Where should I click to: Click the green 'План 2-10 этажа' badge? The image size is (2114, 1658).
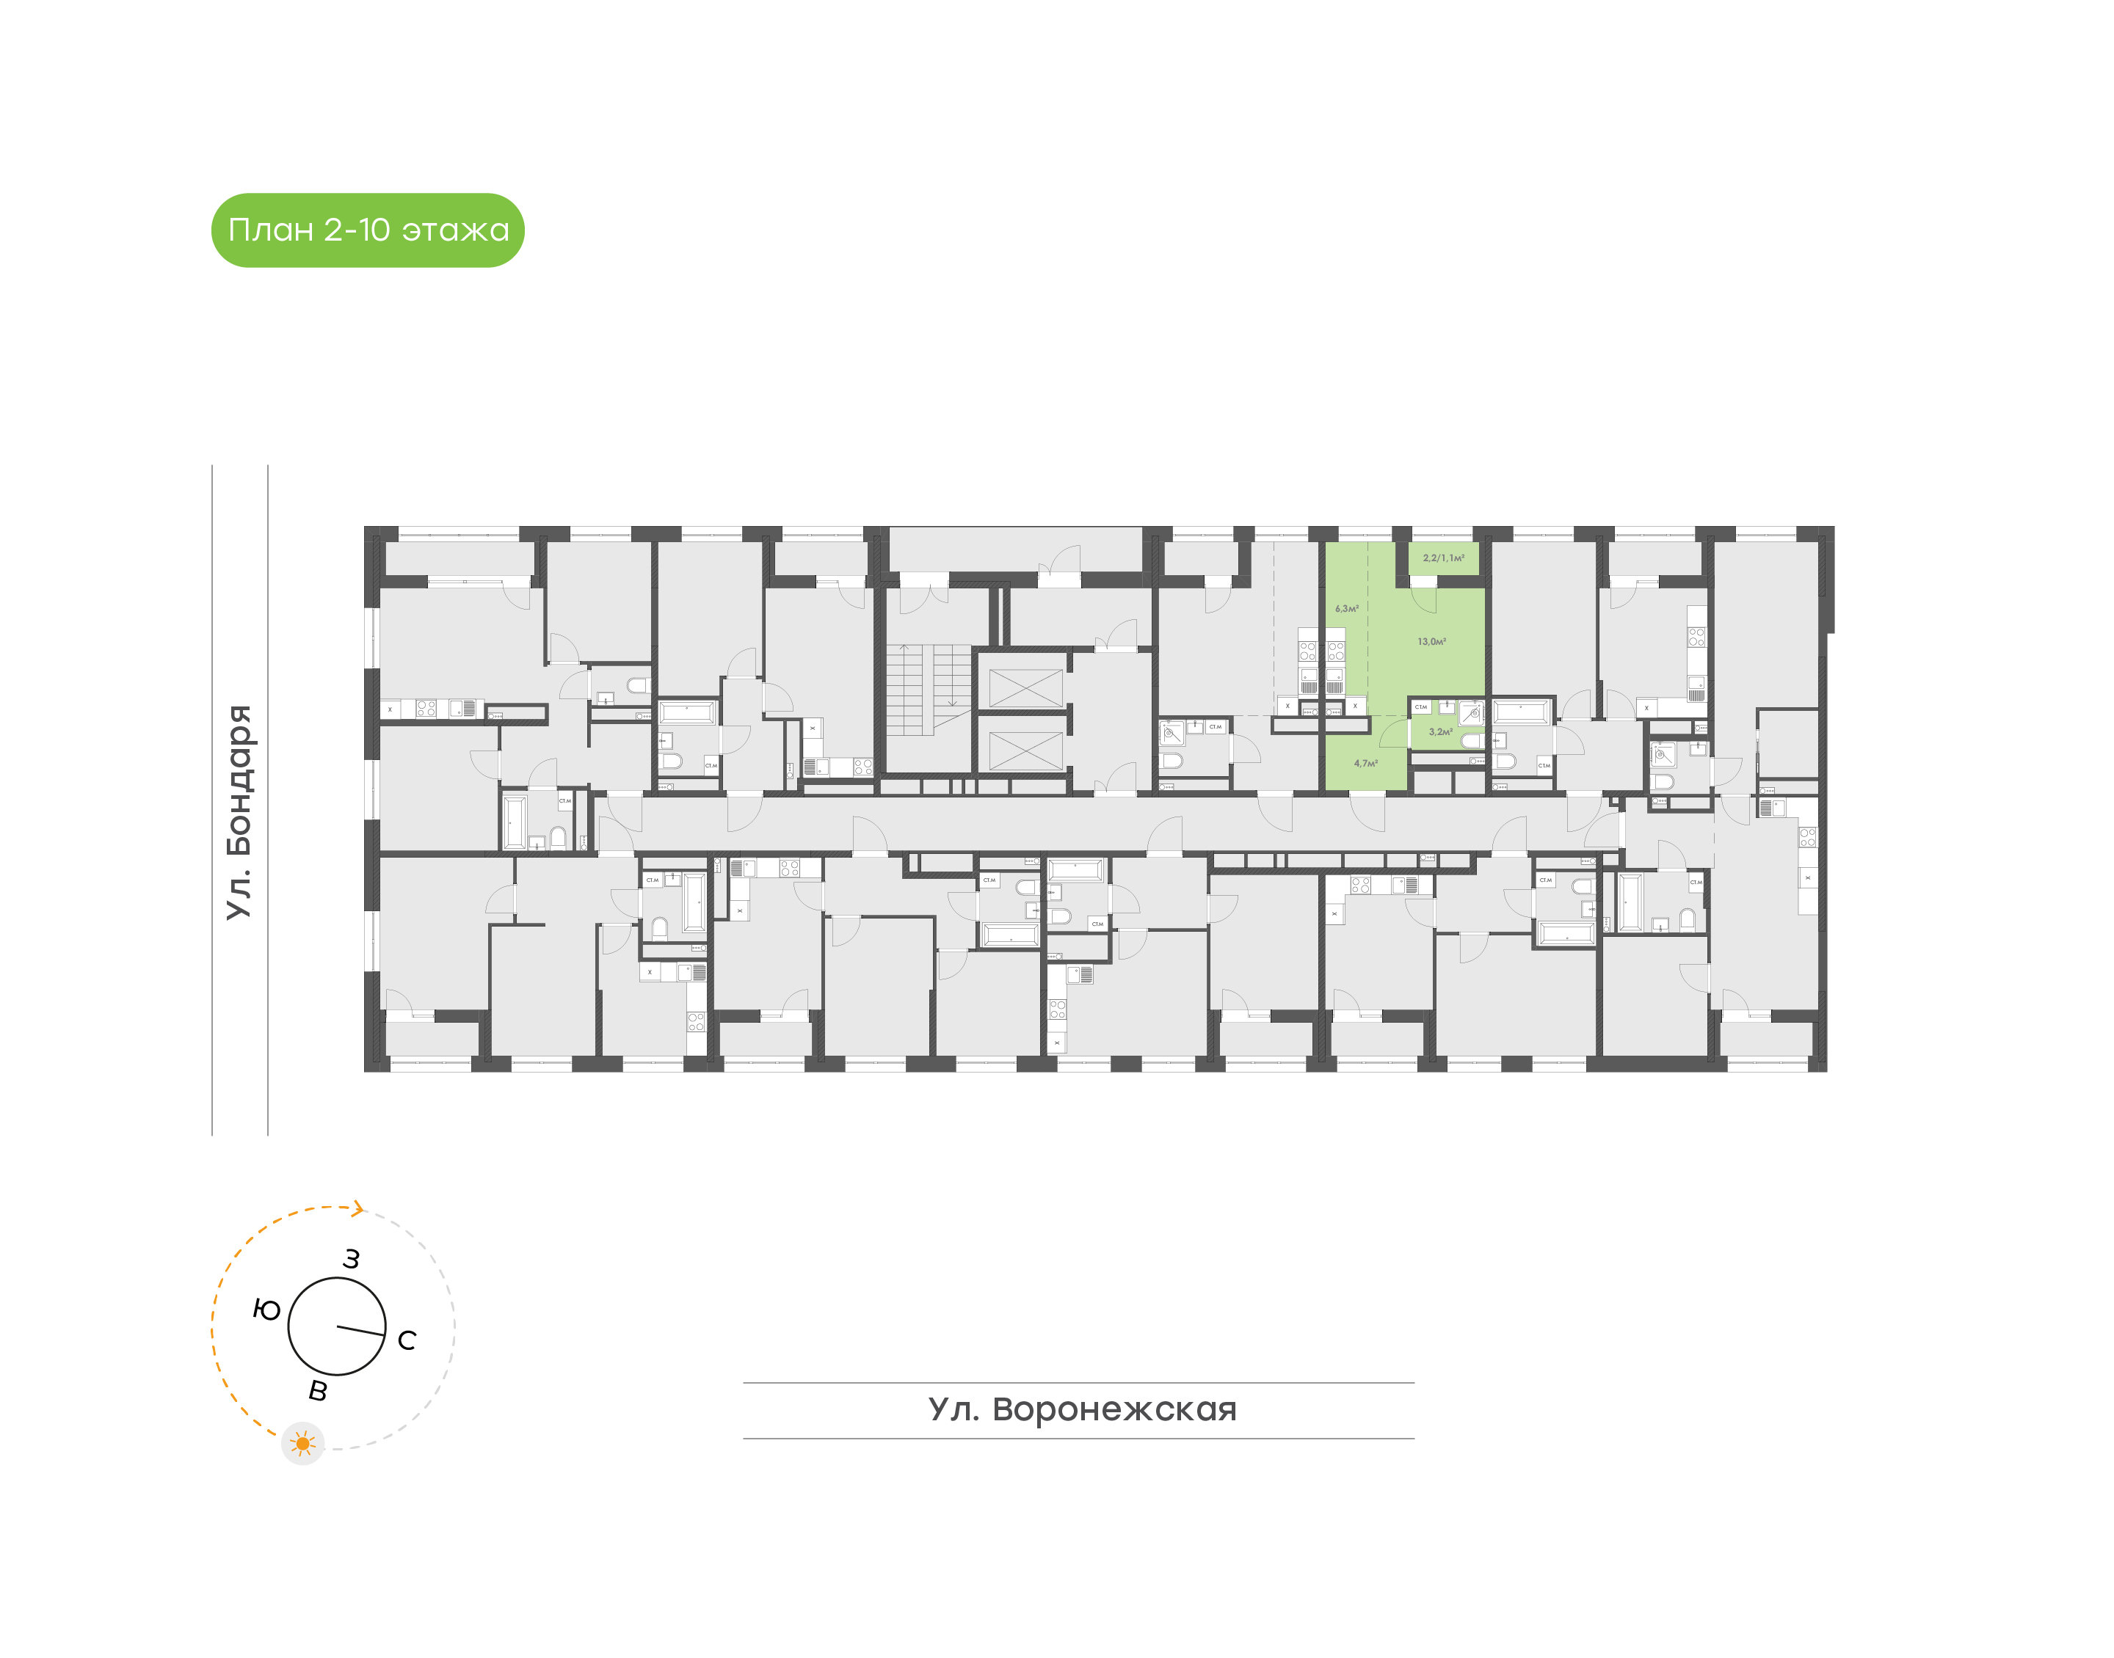click(368, 230)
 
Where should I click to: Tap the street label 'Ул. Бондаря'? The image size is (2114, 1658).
click(239, 811)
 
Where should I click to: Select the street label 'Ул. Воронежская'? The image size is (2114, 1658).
click(1082, 1409)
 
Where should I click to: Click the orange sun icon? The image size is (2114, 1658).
click(303, 1444)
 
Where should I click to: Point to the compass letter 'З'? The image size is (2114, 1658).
click(352, 1259)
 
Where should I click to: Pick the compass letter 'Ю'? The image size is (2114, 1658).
click(267, 1310)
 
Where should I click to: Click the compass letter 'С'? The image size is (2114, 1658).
click(407, 1340)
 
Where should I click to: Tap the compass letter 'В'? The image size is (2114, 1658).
click(318, 1391)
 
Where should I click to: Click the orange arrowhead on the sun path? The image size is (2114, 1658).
click(358, 1208)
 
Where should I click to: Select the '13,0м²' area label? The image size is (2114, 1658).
click(1431, 642)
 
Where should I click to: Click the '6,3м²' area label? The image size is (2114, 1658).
click(1347, 609)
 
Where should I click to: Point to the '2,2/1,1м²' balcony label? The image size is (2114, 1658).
click(1443, 558)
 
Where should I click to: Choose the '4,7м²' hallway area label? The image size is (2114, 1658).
click(1365, 763)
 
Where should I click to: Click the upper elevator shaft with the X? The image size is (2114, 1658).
click(1025, 687)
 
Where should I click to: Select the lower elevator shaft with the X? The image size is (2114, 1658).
click(1025, 749)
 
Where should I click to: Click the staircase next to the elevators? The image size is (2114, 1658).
click(927, 689)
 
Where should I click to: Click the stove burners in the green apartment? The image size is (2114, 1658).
click(1336, 651)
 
